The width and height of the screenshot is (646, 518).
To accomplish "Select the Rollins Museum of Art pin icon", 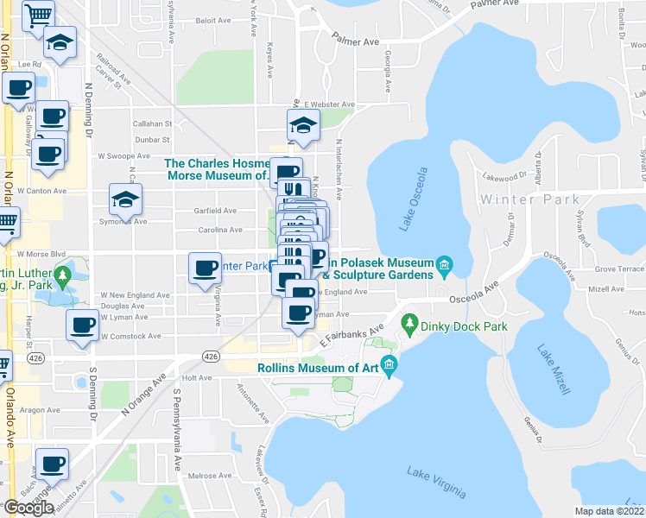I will (389, 368).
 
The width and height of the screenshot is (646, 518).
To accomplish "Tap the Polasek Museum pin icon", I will (444, 263).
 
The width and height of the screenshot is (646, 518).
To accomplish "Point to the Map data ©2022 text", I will (610, 511).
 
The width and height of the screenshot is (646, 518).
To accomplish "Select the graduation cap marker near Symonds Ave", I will (125, 200).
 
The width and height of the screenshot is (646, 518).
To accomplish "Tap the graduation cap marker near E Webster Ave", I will (303, 126).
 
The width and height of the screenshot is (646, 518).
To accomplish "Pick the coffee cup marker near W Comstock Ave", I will (83, 325).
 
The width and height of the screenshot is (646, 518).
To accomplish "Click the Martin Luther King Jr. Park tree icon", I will (62, 277).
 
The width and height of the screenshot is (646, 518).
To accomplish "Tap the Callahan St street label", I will (153, 123).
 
